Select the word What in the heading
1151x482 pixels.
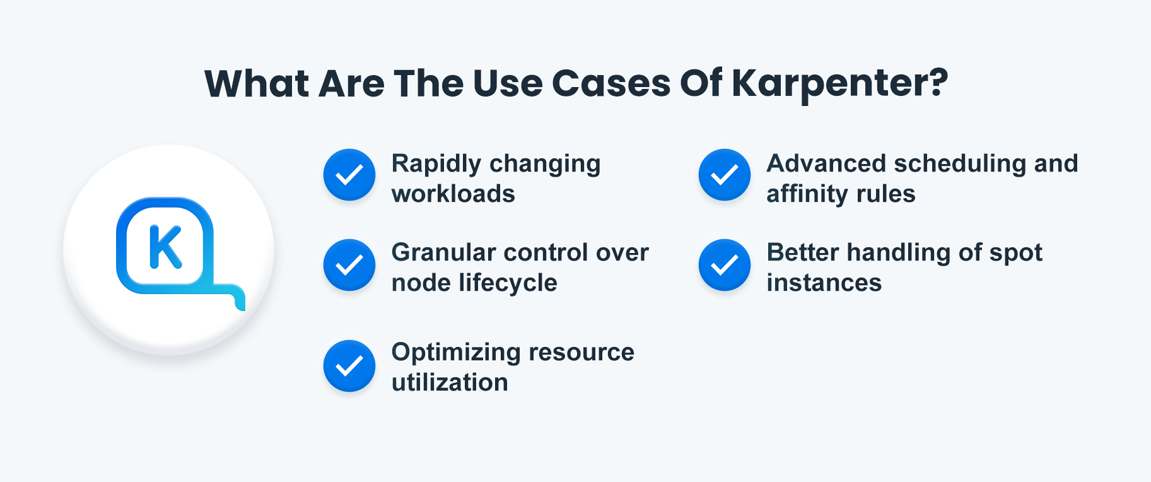pos(257,83)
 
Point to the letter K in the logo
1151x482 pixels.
pos(165,247)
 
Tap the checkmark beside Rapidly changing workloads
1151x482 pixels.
pos(349,175)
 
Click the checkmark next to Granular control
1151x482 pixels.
pos(349,265)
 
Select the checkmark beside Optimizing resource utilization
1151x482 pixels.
pos(349,366)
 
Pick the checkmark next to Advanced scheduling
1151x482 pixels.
pos(725,175)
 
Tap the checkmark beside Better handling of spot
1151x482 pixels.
pos(725,265)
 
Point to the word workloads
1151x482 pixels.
pos(453,194)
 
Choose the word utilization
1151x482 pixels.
pos(450,382)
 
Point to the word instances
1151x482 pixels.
pos(824,283)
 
